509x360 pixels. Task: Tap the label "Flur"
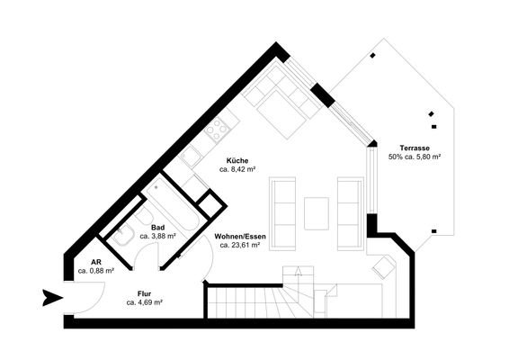[144, 293]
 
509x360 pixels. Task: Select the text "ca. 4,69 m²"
[144, 303]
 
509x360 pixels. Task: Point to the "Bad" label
[157, 227]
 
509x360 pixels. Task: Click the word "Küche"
[238, 159]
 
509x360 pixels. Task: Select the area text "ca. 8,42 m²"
[238, 168]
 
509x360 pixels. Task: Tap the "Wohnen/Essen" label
[237, 236]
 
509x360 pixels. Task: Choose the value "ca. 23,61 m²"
[237, 245]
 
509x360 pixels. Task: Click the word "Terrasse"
[414, 148]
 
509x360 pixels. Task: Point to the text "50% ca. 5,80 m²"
[414, 157]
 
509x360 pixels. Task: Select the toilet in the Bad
[124, 235]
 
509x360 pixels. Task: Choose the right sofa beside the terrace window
[349, 213]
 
